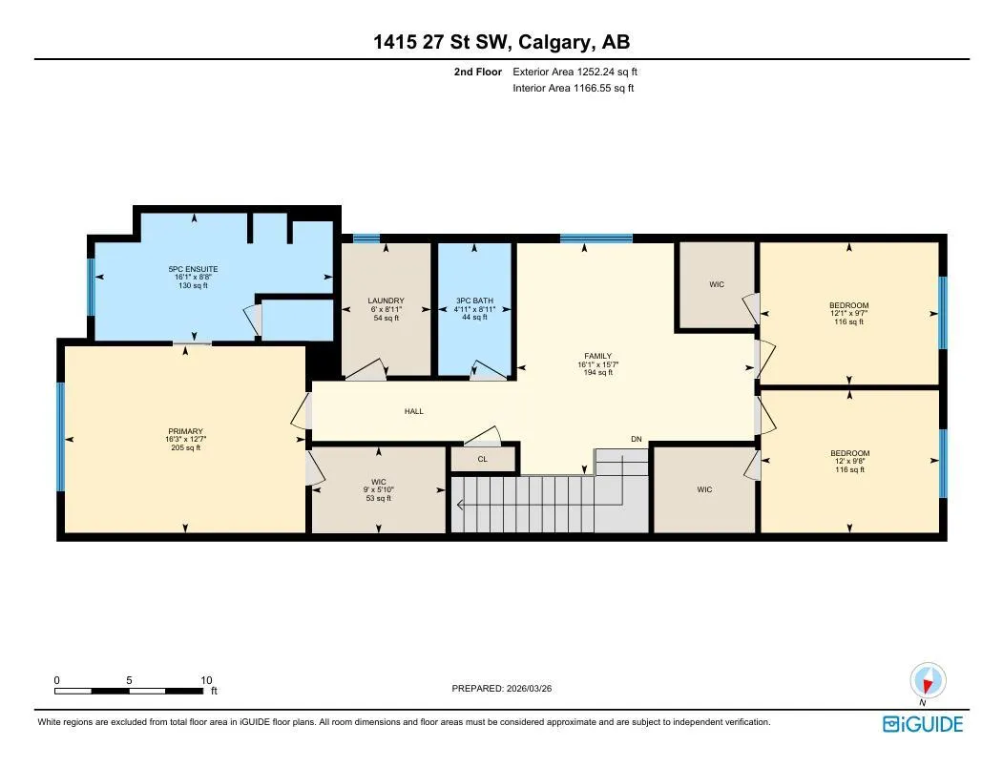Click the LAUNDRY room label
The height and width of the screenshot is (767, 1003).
pyautogui.click(x=386, y=301)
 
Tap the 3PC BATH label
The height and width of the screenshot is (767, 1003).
pyautogui.click(x=474, y=301)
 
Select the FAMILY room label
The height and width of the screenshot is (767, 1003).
pyautogui.click(x=598, y=357)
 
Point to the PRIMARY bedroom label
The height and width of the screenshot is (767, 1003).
pyautogui.click(x=185, y=432)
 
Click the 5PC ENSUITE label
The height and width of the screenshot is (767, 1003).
pyautogui.click(x=193, y=269)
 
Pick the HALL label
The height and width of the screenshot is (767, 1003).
pyautogui.click(x=414, y=411)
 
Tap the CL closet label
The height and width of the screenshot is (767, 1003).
pyautogui.click(x=483, y=459)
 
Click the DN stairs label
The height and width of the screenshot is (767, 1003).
pyautogui.click(x=637, y=440)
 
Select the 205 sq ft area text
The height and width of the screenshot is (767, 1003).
pyautogui.click(x=185, y=447)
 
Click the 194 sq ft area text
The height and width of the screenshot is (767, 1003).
pyautogui.click(x=598, y=372)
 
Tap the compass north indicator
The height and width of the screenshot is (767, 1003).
pyautogui.click(x=929, y=680)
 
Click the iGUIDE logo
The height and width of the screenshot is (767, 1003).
pyautogui.click(x=923, y=724)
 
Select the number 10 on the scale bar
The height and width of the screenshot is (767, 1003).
pyautogui.click(x=206, y=680)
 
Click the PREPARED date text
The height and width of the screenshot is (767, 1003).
pyautogui.click(x=502, y=689)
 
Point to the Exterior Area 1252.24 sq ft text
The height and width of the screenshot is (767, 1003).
pyautogui.click(x=575, y=72)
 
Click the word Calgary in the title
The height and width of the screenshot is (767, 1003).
pyautogui.click(x=554, y=42)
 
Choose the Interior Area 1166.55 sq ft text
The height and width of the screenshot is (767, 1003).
pyautogui.click(x=574, y=89)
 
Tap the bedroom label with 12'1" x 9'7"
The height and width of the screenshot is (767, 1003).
pyautogui.click(x=848, y=306)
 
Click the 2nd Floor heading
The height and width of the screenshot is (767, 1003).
pyautogui.click(x=478, y=72)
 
